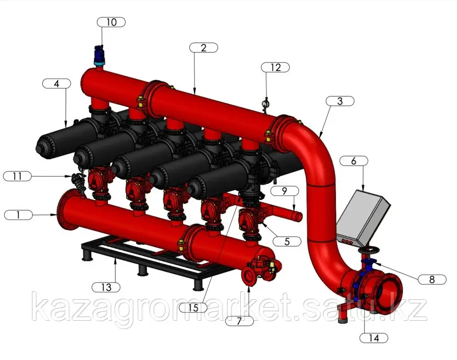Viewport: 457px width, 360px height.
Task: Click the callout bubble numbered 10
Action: [x=111, y=22]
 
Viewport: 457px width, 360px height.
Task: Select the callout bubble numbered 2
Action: [x=204, y=48]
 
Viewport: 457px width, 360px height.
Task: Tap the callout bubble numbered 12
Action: [x=275, y=68]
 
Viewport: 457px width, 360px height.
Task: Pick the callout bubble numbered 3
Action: [x=340, y=101]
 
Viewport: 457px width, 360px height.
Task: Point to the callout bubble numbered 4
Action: [x=57, y=84]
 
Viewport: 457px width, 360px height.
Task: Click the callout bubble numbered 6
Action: [x=354, y=161]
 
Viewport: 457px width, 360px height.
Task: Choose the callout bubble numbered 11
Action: [x=17, y=176]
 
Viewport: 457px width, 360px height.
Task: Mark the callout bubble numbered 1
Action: [x=18, y=215]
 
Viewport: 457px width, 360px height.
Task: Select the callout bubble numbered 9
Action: [x=284, y=191]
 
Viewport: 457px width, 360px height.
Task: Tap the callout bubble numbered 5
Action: [x=287, y=241]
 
